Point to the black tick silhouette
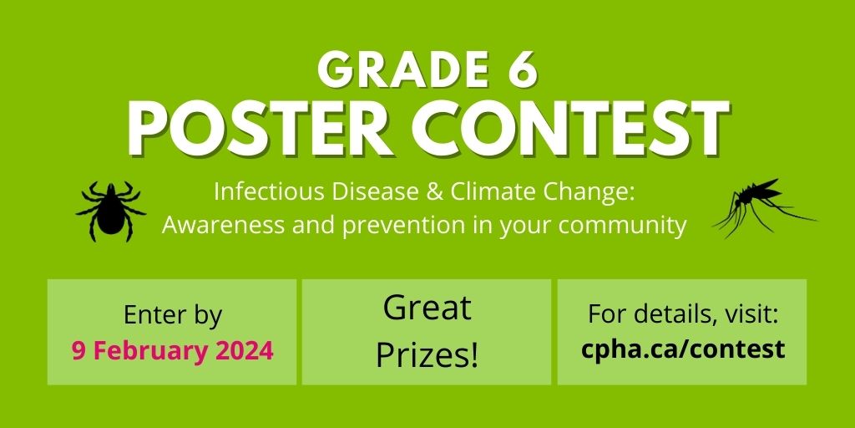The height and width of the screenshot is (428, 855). pos(111,210)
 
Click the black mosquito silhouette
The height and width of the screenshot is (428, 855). pos(763,206)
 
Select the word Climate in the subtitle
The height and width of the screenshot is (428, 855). pos(485,192)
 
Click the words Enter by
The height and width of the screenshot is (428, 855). pos(172,315)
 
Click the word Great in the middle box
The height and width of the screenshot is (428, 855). pos(427,308)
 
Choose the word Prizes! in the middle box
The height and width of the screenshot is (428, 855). pos(427,355)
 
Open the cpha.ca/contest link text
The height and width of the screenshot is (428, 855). pos(682,349)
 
